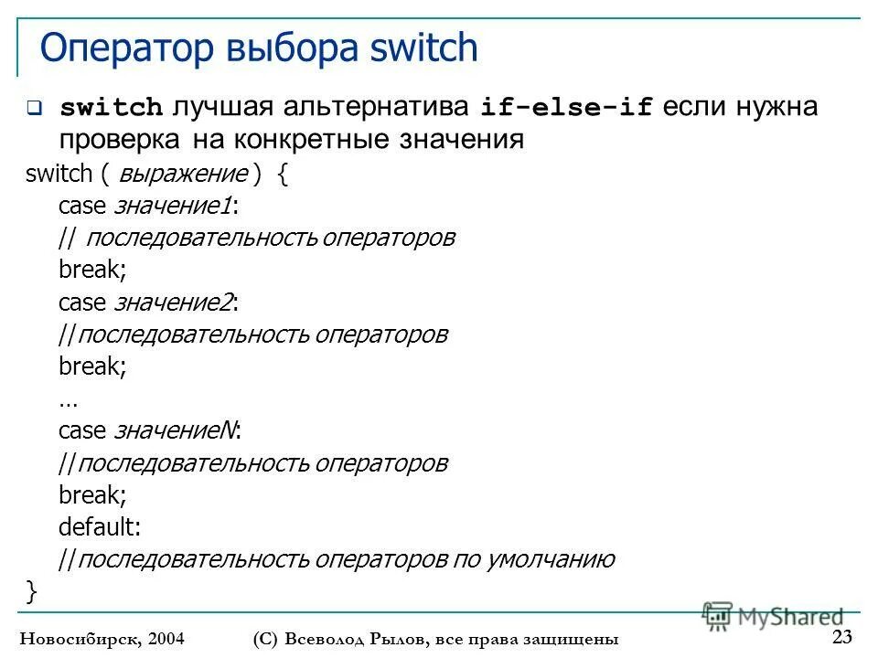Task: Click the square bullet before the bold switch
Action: point(34,108)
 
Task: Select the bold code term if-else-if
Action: point(567,108)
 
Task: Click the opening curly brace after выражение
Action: point(282,175)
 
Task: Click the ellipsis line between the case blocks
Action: point(68,400)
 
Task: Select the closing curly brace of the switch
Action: point(33,592)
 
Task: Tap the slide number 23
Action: point(842,637)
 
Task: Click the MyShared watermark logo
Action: point(774,616)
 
